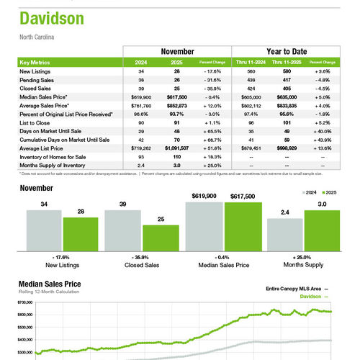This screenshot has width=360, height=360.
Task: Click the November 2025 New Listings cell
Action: coord(176,71)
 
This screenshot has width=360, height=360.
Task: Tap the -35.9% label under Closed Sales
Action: coord(142,257)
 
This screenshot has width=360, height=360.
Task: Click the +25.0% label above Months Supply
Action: coord(302,257)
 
